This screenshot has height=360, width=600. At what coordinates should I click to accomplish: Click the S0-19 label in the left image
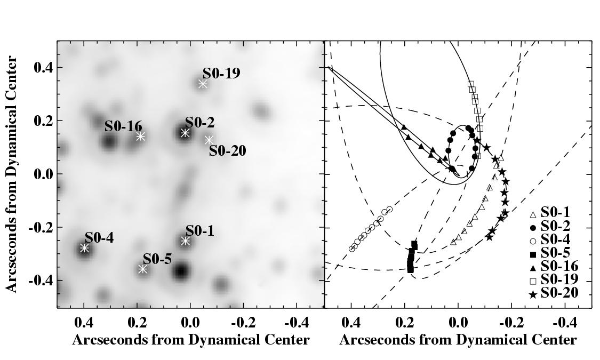coord(221,74)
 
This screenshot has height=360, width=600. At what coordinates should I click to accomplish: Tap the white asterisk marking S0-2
coord(185,133)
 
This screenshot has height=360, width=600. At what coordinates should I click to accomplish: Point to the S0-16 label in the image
coord(123,126)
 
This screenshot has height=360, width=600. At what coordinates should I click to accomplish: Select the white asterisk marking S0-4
coord(84,248)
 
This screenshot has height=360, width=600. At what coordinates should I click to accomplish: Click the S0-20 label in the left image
coord(227,151)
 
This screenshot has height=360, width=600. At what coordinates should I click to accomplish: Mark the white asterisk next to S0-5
coord(142,269)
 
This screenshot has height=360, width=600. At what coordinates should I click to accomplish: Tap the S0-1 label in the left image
coord(199,230)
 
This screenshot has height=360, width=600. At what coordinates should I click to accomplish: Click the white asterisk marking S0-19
coord(203,84)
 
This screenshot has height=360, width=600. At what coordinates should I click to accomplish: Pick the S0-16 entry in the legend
coord(559,266)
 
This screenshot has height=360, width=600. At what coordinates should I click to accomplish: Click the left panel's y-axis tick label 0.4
coord(42,68)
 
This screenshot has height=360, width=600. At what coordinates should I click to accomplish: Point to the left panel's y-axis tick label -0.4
coord(40,281)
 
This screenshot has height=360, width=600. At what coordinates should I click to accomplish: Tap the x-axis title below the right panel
coord(458,340)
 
